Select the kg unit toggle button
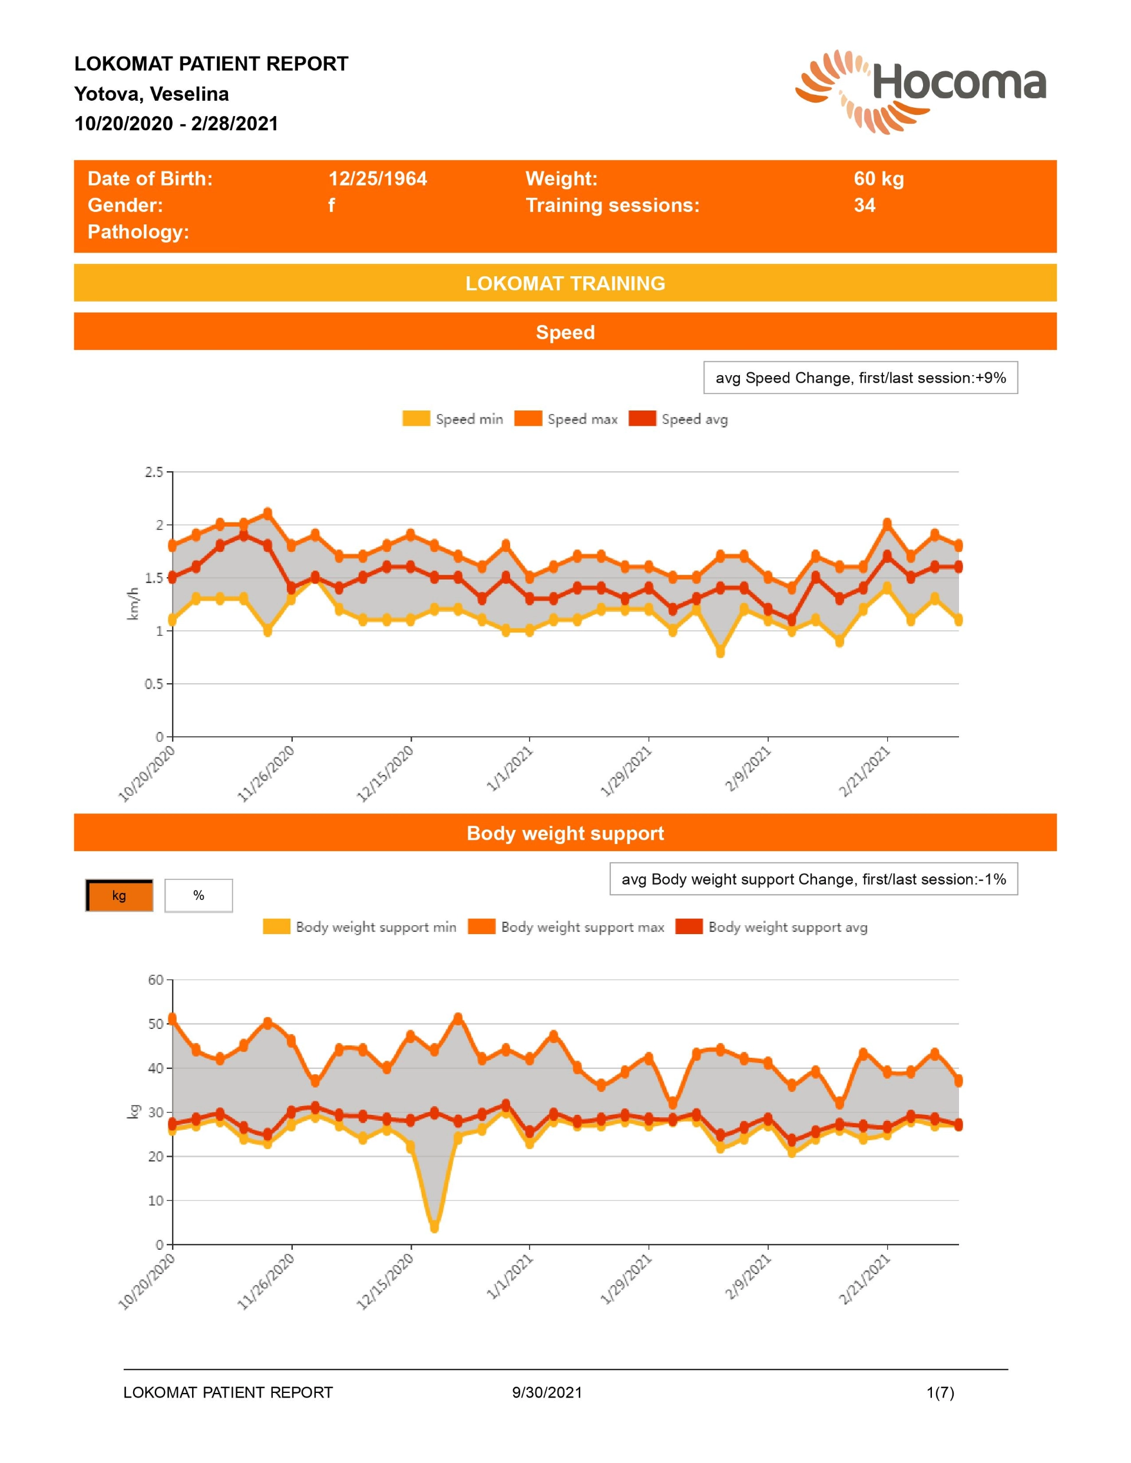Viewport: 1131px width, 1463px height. click(x=119, y=896)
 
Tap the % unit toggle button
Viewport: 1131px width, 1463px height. click(x=199, y=896)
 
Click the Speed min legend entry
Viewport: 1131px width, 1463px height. click(x=453, y=419)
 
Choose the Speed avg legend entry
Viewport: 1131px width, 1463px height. click(x=678, y=419)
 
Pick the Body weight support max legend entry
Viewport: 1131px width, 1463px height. click(x=566, y=926)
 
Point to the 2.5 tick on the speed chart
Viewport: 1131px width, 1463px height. click(x=154, y=472)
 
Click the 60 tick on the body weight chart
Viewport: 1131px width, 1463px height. click(x=156, y=980)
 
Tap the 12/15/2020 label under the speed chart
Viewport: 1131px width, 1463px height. click(x=385, y=774)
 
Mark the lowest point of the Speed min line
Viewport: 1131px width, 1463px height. click(x=720, y=653)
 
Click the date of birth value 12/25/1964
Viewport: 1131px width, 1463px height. click(x=377, y=179)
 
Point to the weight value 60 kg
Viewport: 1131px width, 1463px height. click(x=878, y=179)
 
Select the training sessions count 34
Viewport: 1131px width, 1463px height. click(x=864, y=205)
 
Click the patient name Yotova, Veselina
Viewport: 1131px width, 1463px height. click(x=151, y=94)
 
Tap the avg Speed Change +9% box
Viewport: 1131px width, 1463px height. click(x=860, y=378)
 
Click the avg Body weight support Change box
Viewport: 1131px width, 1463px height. click(x=813, y=879)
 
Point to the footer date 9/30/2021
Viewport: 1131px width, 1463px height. click(x=547, y=1393)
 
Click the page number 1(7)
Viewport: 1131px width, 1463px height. click(x=940, y=1393)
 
